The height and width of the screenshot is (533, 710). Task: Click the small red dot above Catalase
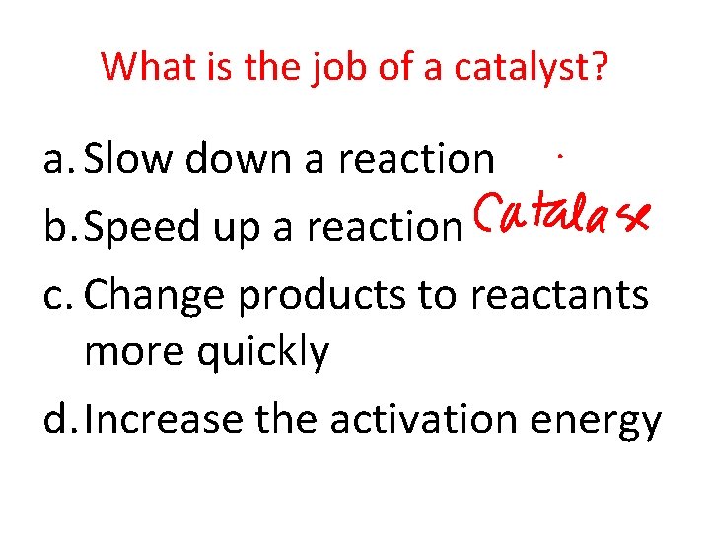[560, 156]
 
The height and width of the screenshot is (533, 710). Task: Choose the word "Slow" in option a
[126, 158]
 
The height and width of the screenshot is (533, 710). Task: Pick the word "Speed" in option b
[142, 228]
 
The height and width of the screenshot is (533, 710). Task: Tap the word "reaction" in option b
[385, 228]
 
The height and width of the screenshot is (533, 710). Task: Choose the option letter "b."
[60, 228]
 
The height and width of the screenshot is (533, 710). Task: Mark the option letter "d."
[60, 419]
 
